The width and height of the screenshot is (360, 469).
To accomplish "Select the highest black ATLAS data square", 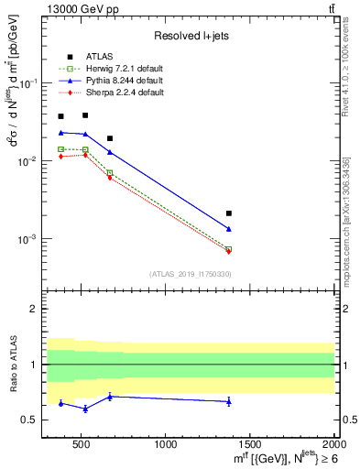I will [85, 115].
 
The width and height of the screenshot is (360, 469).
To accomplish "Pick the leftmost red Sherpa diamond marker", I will [61, 157].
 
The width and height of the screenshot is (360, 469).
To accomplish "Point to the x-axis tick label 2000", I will [333, 445].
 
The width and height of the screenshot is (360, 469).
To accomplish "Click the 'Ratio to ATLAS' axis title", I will [12, 365].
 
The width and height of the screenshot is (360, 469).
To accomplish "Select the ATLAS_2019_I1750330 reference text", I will [191, 274].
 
